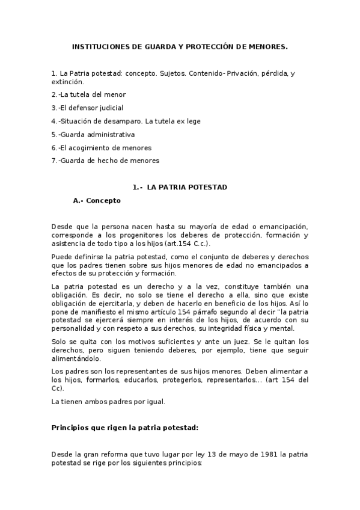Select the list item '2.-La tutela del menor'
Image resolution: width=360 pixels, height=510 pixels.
tap(88, 94)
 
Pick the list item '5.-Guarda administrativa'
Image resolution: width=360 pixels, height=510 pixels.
tap(93, 134)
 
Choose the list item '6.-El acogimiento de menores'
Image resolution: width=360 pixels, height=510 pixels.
tap(101, 147)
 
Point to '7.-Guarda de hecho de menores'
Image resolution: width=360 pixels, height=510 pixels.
tap(105, 161)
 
